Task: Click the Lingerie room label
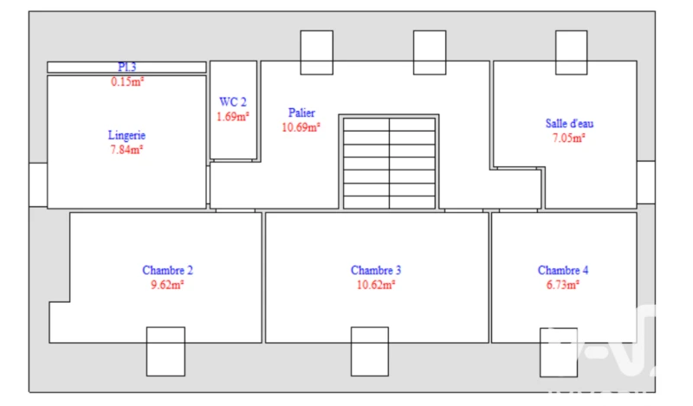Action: click(x=126, y=135)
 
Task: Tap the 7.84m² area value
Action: click(x=126, y=150)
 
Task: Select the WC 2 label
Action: click(x=232, y=102)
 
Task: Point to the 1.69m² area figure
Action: click(x=232, y=117)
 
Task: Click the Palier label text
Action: click(x=301, y=113)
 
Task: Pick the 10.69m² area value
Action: click(x=301, y=127)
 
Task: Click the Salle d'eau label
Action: click(x=569, y=123)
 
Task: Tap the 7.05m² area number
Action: click(x=569, y=138)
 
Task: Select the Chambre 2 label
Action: click(x=167, y=270)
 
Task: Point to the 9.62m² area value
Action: click(x=167, y=285)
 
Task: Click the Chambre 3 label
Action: click(x=376, y=270)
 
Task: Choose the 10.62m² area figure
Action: click(x=376, y=285)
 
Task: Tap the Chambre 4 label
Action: click(x=562, y=270)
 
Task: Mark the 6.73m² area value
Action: click(x=562, y=285)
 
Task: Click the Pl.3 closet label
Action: click(x=126, y=67)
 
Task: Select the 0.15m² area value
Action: click(x=127, y=81)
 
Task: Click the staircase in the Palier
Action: click(x=389, y=162)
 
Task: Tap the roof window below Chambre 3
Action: click(x=370, y=351)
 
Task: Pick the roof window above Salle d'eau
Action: click(x=572, y=53)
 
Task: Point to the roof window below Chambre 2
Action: click(x=165, y=351)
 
